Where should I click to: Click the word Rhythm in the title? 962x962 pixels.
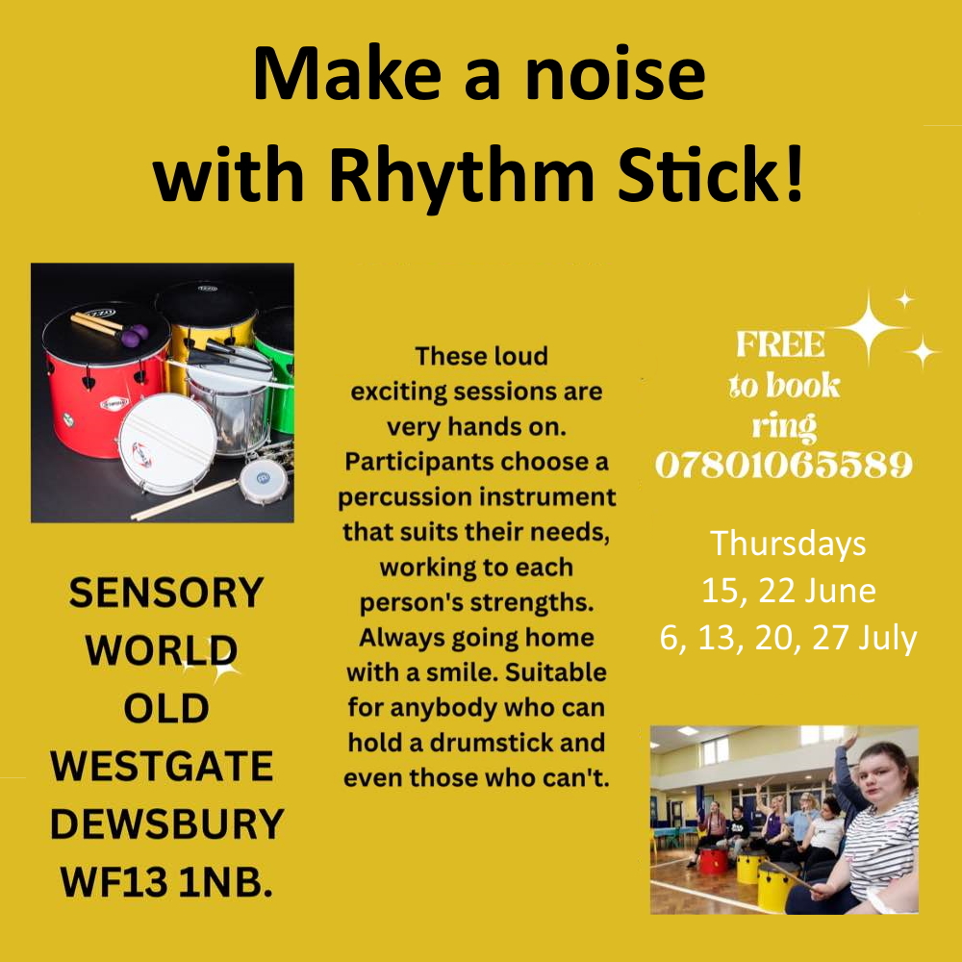pyautogui.click(x=462, y=175)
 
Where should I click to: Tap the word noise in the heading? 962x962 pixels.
pyautogui.click(x=616, y=74)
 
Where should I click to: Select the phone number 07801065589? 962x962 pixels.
pyautogui.click(x=784, y=465)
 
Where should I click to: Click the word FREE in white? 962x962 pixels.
pyautogui.click(x=780, y=344)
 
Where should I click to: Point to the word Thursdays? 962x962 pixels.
pyautogui.click(x=788, y=544)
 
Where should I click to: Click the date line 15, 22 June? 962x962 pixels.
pyautogui.click(x=789, y=591)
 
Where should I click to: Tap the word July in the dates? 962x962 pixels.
pyautogui.click(x=888, y=638)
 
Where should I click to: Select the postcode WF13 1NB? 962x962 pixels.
pyautogui.click(x=166, y=881)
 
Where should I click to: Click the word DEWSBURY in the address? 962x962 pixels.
pyautogui.click(x=166, y=823)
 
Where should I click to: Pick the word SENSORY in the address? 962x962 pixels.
pyautogui.click(x=166, y=593)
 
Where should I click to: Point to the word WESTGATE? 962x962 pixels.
pyautogui.click(x=162, y=766)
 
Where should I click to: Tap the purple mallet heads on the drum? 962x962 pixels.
pyautogui.click(x=135, y=335)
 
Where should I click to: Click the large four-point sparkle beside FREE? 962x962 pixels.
pyautogui.click(x=868, y=328)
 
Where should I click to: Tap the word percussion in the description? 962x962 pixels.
pyautogui.click(x=416, y=497)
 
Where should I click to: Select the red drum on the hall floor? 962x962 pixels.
pyautogui.click(x=713, y=860)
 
